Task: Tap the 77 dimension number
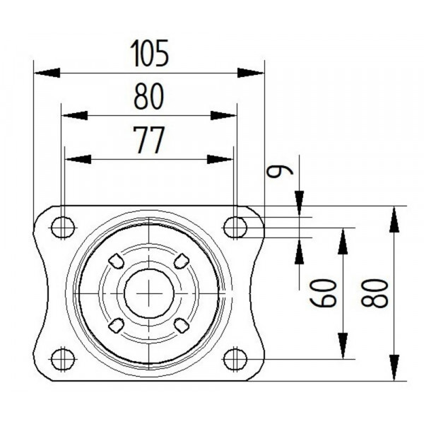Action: point(149,141)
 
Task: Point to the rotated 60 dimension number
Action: point(324,292)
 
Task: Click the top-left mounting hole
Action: point(63,228)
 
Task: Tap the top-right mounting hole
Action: point(235,228)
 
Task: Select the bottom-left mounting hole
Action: point(63,359)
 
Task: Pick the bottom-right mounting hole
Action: point(235,359)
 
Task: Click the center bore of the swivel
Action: point(149,293)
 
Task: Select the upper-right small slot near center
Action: point(182,260)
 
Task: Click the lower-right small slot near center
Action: point(182,325)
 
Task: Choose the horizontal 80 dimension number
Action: point(149,98)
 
